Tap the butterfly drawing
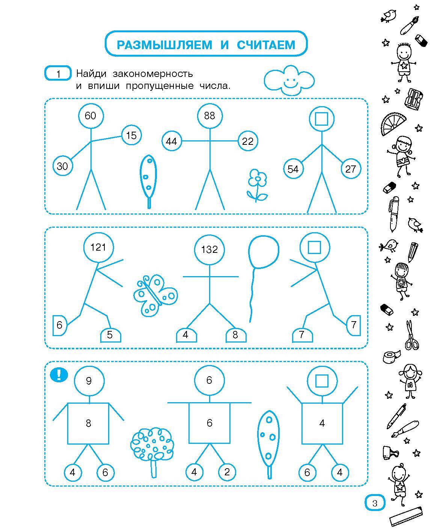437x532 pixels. pyautogui.click(x=155, y=295)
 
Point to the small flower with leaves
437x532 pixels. pyautogui.click(x=257, y=186)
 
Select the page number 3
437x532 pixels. pyautogui.click(x=375, y=503)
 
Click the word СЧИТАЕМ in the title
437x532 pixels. pyautogui.click(x=266, y=45)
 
